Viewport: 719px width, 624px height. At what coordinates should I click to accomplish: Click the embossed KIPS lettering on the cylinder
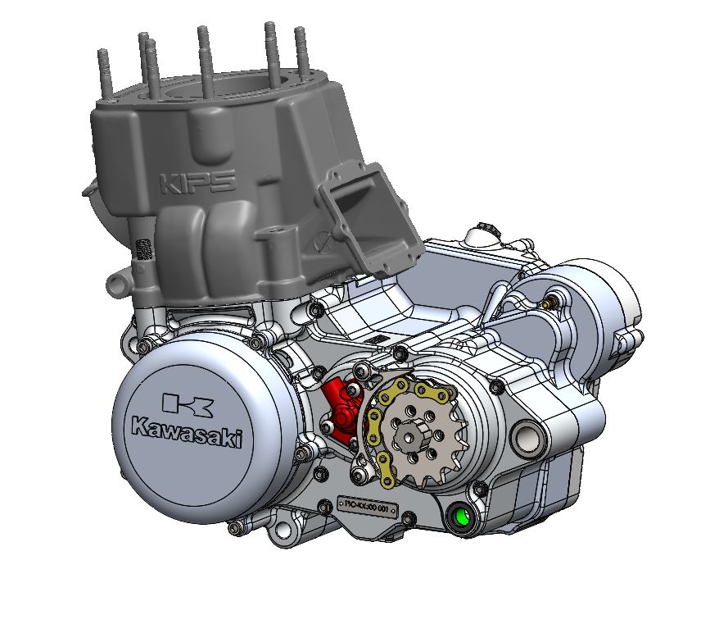tap(197, 181)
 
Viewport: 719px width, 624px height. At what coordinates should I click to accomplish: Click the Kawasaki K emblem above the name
tap(188, 403)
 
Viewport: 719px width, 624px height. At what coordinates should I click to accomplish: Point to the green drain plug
tap(461, 517)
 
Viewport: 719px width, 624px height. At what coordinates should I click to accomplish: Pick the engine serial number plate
tap(368, 504)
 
